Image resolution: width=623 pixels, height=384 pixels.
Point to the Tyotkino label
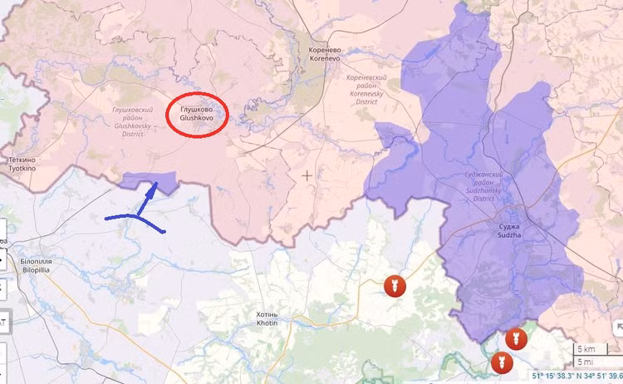click(x=22, y=163)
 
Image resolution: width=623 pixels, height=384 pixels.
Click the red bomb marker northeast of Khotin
click(x=394, y=287)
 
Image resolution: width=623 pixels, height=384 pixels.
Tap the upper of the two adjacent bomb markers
click(x=515, y=338)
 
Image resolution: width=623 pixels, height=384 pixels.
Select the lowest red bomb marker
click(x=501, y=362)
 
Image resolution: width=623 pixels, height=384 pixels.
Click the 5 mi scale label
click(x=586, y=362)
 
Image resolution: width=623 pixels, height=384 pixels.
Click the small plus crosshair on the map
click(x=308, y=175)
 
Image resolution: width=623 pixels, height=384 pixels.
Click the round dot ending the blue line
click(x=164, y=231)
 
